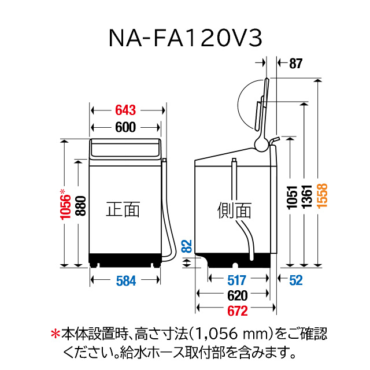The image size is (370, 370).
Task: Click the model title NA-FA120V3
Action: (x=185, y=38)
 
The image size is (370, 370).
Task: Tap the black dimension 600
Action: (x=125, y=128)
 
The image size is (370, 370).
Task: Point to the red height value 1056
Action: (x=67, y=205)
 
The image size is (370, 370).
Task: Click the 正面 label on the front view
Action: (x=123, y=209)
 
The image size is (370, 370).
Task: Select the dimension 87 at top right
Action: (x=295, y=64)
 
